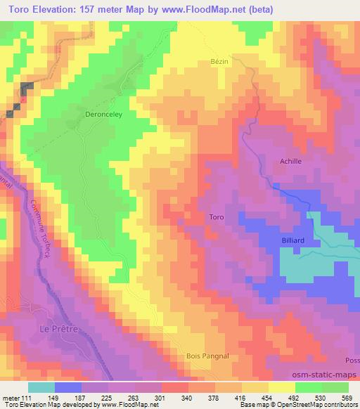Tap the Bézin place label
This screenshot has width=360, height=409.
pos(220,63)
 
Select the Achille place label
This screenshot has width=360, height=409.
pos(290,161)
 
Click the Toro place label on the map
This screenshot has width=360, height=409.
pos(217,217)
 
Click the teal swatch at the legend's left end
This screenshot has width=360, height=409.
pos(41,387)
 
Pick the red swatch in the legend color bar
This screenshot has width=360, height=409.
pos(174,387)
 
